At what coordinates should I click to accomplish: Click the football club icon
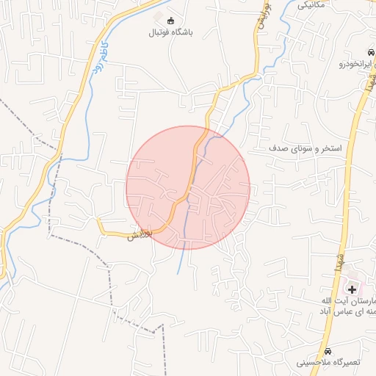coord(171,20)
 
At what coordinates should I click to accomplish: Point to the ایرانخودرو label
coord(356,64)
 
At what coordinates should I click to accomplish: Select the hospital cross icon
coord(352,289)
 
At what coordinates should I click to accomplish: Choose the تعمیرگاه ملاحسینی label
coord(335,363)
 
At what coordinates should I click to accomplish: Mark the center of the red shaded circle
coord(188,187)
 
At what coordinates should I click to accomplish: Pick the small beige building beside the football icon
coord(159,15)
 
